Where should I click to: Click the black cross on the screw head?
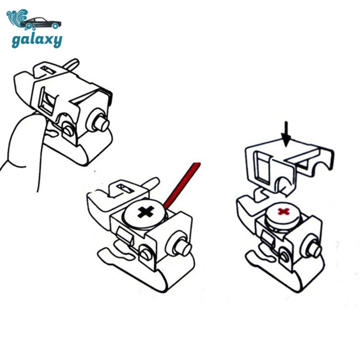pos(146,211)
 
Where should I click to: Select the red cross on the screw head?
pos(284,211)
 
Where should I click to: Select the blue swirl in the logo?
pos(18,18)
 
